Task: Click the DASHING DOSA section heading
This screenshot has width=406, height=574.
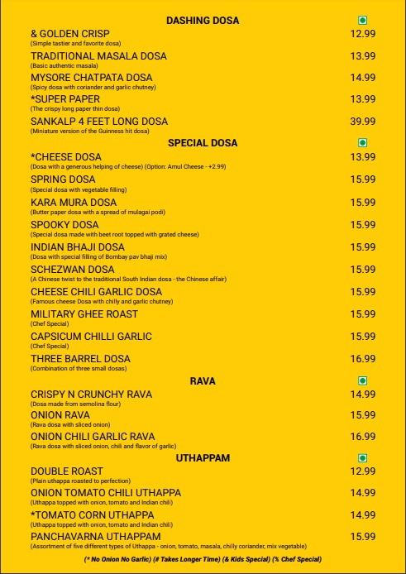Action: pos(203,19)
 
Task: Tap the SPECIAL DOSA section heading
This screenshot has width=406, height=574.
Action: pos(203,142)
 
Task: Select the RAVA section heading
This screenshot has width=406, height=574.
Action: pos(203,380)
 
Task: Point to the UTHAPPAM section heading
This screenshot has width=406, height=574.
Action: pos(203,457)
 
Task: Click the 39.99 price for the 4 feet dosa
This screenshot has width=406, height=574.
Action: pos(363,121)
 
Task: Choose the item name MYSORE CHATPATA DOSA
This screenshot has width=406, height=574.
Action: pos(92,78)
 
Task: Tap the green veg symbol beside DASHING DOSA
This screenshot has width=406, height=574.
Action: pos(362,20)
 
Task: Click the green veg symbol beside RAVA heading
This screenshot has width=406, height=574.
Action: pos(362,380)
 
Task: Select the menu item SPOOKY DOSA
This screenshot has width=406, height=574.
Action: pos(64,224)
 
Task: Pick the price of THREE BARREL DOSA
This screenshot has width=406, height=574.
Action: pos(363,359)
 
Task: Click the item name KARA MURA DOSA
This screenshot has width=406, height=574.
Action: pos(74,202)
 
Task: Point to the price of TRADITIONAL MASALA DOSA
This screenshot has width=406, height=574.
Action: pos(363,56)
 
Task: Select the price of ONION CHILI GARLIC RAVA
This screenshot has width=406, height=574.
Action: pos(363,437)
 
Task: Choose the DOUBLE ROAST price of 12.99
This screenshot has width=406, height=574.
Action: pos(363,471)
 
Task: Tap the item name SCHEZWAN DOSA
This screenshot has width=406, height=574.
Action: pos(73,270)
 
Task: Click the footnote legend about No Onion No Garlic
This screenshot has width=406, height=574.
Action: pos(203,560)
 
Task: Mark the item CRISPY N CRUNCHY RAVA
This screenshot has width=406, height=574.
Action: pos(92,395)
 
